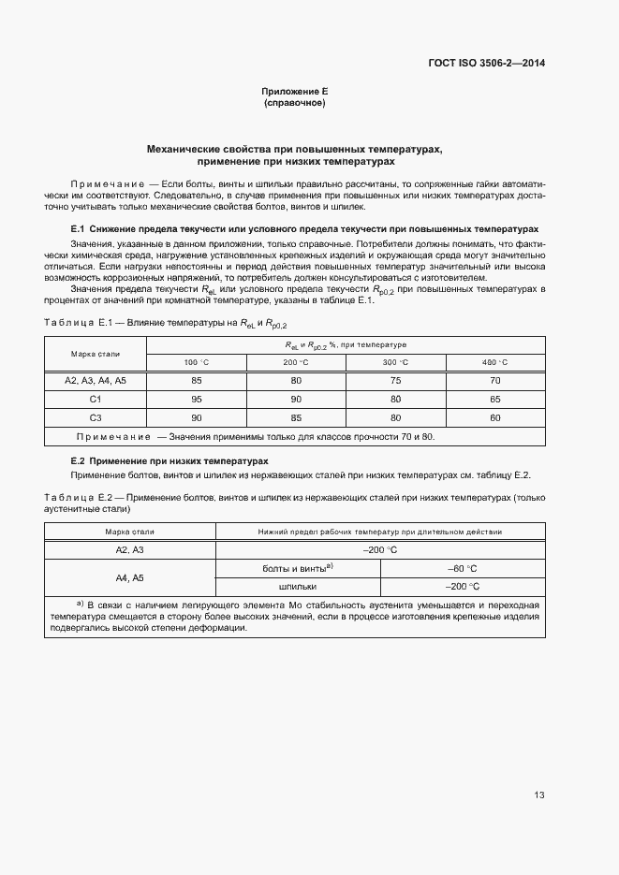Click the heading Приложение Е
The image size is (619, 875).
point(295,92)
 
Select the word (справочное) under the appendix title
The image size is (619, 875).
point(295,103)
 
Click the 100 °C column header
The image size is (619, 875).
point(196,362)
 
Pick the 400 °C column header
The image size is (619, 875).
point(494,362)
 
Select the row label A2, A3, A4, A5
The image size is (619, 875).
point(96,381)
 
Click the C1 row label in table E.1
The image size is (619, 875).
point(96,399)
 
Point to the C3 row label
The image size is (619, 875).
point(96,417)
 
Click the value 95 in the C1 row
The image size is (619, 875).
point(197,399)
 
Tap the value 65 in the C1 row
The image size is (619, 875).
point(494,399)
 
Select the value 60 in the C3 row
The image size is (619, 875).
point(494,417)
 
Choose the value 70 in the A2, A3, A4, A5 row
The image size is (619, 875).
point(494,381)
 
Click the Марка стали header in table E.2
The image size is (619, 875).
point(129,532)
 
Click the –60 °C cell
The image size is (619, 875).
point(463,568)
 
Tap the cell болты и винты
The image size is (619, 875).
point(298,568)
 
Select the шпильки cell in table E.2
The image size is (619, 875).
point(298,587)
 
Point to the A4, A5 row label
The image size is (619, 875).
point(129,577)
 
